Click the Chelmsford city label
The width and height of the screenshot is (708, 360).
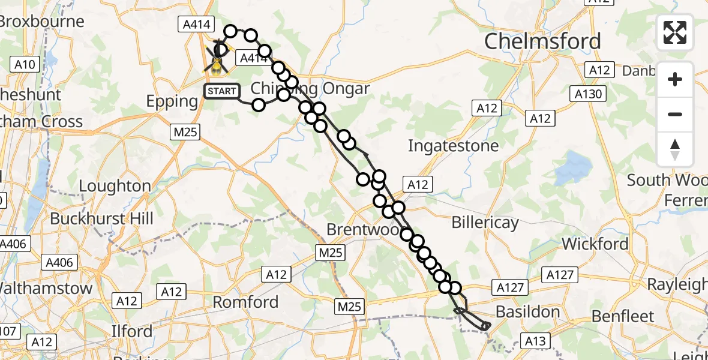pyautogui.click(x=542, y=41)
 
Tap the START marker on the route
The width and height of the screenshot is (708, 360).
pyautogui.click(x=222, y=91)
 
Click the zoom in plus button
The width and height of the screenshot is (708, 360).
pyautogui.click(x=675, y=79)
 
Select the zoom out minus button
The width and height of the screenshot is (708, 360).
pyautogui.click(x=675, y=114)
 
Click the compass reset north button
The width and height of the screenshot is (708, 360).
pyautogui.click(x=675, y=149)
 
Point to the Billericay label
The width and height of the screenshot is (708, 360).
pyautogui.click(x=485, y=223)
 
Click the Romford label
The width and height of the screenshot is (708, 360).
pyautogui.click(x=246, y=301)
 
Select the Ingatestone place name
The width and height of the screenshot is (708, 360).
pyautogui.click(x=453, y=146)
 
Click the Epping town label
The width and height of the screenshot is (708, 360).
pyautogui.click(x=172, y=101)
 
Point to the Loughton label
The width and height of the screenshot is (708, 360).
pyautogui.click(x=115, y=186)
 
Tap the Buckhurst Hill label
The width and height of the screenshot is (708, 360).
pyautogui.click(x=101, y=218)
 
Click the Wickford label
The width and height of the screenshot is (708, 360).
pyautogui.click(x=595, y=244)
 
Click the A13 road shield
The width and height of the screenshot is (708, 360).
pyautogui.click(x=535, y=341)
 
